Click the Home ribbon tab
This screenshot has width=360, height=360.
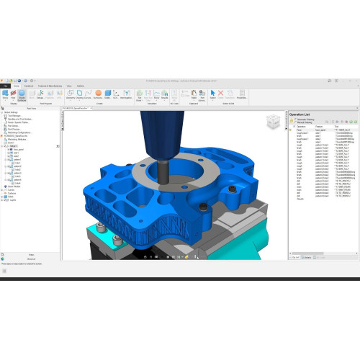(15, 85)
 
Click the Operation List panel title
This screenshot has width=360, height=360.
(300, 114)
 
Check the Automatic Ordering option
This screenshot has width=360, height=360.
(291, 119)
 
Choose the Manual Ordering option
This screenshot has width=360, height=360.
(291, 122)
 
